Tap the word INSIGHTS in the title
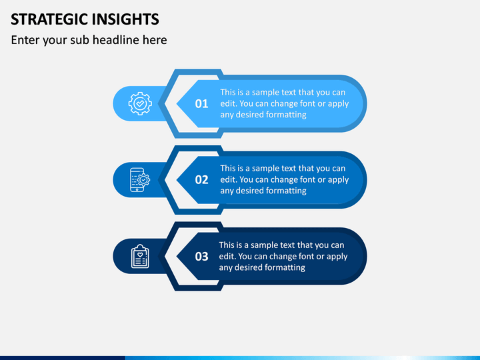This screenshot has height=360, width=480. click(125, 19)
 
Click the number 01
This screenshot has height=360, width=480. click(201, 104)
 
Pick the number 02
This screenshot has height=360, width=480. click(201, 180)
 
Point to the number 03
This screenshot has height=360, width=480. click(201, 257)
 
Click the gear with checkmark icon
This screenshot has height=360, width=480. click(140, 103)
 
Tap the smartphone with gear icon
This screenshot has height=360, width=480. click(140, 180)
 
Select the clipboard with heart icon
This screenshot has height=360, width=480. click(140, 256)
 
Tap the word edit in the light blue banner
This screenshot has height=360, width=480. click(229, 103)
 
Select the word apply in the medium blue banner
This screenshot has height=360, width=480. click(338, 180)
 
